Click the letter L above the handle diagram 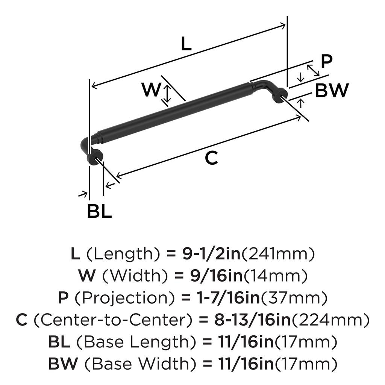pos(186,44)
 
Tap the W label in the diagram pos(151,90)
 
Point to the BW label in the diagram pos(332,91)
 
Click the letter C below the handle pos(211,158)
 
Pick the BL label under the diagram pos(99,212)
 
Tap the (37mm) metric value pos(294,298)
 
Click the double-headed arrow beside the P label pos(312,70)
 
